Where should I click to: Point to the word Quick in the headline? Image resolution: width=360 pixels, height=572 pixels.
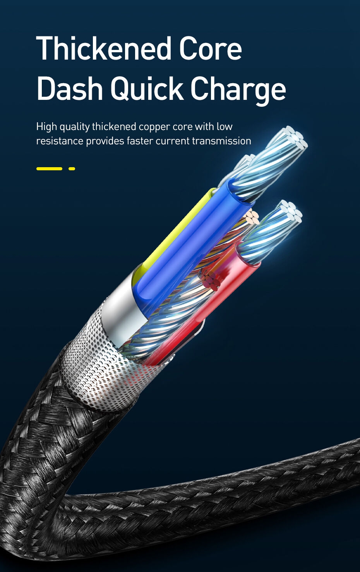[x=147, y=89]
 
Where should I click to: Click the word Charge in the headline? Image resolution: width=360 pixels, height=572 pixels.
[x=238, y=89]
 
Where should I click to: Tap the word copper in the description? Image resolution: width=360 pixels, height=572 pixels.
[x=154, y=127]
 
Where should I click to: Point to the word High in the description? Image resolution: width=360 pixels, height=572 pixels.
[x=46, y=127]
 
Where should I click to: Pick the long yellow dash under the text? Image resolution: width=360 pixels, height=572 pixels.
[x=49, y=169]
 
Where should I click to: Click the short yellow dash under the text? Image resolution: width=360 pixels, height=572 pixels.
[x=72, y=169]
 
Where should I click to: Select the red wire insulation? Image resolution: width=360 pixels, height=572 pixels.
[x=217, y=294]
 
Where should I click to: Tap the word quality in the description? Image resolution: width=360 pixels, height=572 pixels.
[x=74, y=127]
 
